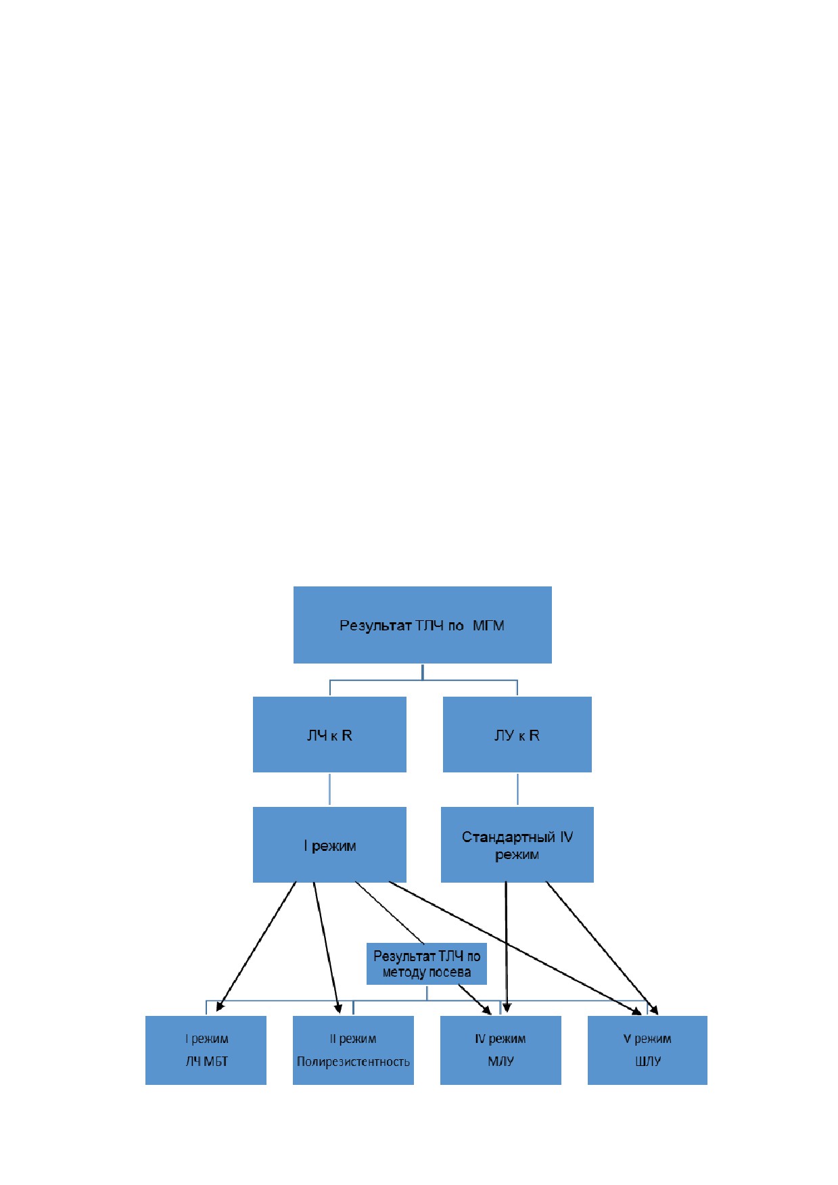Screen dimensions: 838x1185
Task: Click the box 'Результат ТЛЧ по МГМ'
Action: [422, 624]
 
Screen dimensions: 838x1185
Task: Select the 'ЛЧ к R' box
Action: [329, 735]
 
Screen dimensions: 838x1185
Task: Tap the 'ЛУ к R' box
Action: [517, 735]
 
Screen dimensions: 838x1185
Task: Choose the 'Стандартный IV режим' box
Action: [517, 845]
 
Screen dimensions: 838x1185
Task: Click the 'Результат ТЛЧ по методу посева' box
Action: [426, 964]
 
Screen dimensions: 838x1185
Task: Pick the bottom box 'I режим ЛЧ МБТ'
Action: [206, 1050]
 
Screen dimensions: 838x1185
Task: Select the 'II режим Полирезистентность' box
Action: [353, 1050]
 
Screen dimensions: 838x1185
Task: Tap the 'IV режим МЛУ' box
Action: [501, 1050]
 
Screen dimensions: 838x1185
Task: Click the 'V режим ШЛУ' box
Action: [647, 1050]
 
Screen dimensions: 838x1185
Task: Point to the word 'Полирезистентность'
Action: [353, 1062]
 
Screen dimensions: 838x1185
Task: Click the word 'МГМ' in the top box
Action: [488, 626]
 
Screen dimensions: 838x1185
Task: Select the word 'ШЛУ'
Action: [648, 1062]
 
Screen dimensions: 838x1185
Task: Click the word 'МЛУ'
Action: [501, 1062]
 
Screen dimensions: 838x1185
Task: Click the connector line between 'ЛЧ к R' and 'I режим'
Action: [329, 789]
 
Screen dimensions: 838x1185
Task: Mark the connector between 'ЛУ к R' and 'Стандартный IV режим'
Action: [517, 789]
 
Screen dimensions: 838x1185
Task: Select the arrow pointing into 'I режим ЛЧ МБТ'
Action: [256, 947]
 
